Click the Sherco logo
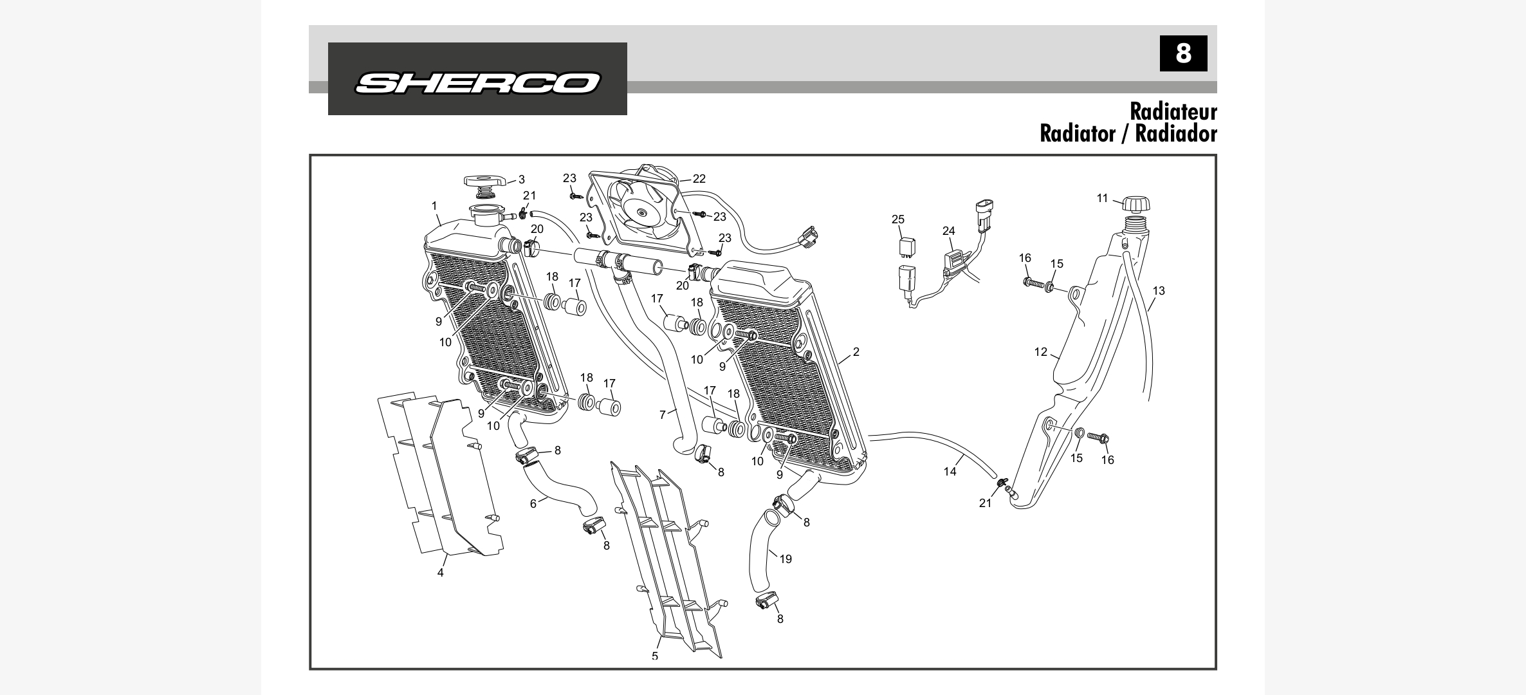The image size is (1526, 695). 477,82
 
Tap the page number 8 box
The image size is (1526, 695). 1183,53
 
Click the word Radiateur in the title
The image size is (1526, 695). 1173,111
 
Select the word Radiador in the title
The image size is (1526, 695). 1175,134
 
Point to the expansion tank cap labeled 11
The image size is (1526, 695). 1136,204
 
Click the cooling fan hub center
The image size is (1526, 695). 641,214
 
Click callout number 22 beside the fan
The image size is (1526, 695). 699,179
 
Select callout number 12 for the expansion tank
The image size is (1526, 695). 1041,352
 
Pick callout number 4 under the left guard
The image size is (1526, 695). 441,573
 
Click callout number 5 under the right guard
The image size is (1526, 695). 655,655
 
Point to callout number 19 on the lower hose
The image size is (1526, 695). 786,559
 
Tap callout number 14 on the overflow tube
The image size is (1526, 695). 950,472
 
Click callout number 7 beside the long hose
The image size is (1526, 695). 663,415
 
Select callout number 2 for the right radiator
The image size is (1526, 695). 856,352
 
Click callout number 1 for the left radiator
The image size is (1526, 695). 434,206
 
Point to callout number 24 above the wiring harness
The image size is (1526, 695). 949,230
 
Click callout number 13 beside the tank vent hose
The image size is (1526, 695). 1159,291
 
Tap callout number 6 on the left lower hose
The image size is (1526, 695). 533,504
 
